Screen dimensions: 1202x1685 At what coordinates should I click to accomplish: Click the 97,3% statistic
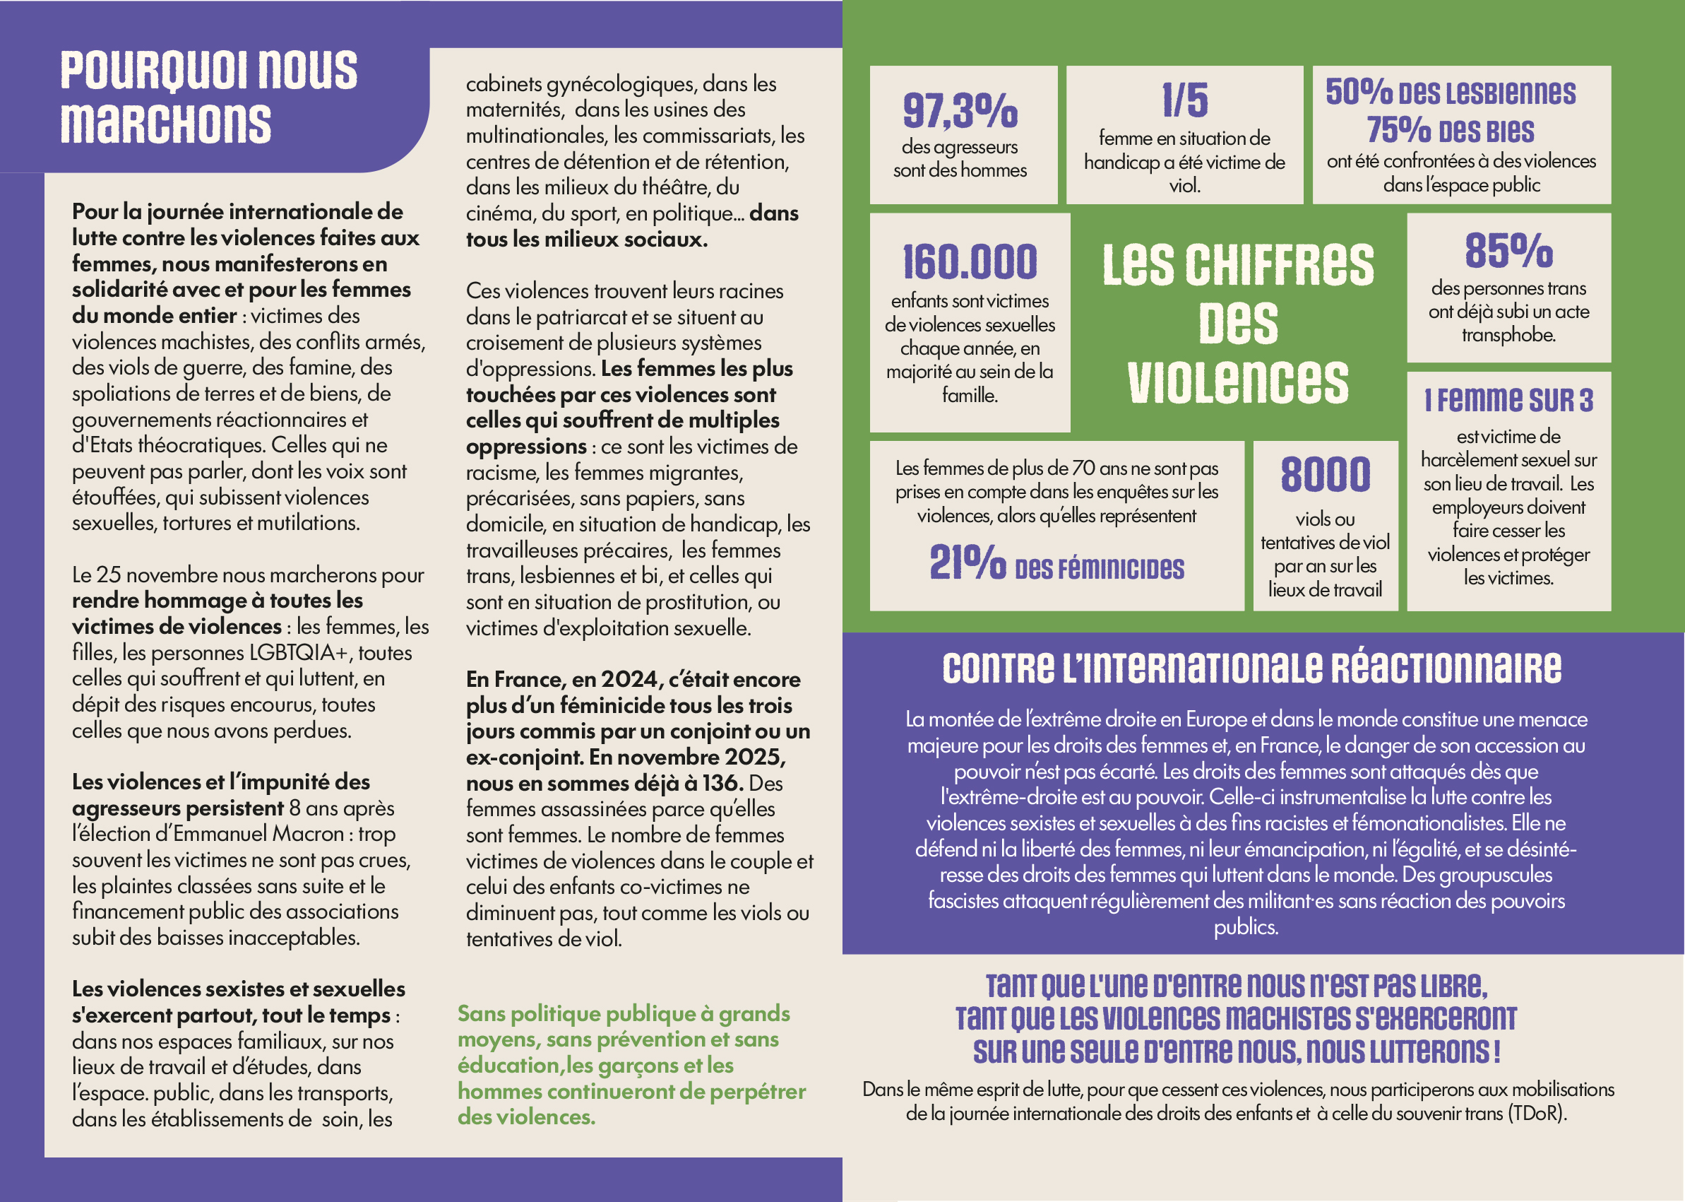coord(960,110)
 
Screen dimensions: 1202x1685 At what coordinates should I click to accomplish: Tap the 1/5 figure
coord(1184,100)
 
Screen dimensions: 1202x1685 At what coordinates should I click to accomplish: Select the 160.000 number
coord(970,261)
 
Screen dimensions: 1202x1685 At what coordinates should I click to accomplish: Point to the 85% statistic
coord(1508,250)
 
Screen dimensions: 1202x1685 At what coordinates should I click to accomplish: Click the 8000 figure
coord(1325,474)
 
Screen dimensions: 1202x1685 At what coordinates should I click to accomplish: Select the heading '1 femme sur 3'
coord(1508,401)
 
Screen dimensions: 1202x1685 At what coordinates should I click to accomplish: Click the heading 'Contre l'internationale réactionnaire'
coord(1251,668)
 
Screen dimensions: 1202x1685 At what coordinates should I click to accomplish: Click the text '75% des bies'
coord(1449,130)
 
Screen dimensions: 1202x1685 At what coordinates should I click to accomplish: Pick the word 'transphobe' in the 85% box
coord(1508,335)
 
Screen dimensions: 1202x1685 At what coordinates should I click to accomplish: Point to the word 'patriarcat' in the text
coord(584,317)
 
